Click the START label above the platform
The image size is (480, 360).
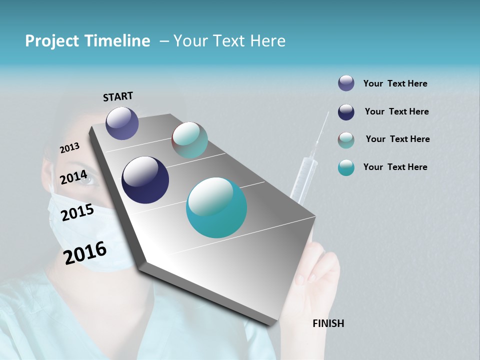click(118, 96)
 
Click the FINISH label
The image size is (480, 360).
click(328, 323)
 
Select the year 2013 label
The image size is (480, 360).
click(69, 148)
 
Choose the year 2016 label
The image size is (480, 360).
click(85, 252)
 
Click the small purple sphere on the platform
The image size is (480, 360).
click(122, 123)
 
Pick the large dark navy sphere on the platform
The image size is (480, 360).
click(145, 180)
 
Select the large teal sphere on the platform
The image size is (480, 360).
click(216, 207)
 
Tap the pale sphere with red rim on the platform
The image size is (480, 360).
click(189, 140)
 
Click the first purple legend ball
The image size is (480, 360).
click(346, 83)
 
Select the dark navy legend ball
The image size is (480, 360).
click(346, 112)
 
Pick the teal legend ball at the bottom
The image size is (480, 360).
click(346, 167)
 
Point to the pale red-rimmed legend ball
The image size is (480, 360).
click(346, 140)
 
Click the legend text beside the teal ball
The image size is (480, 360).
click(395, 167)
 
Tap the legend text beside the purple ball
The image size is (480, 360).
click(395, 83)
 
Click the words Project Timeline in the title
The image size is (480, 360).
click(87, 41)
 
